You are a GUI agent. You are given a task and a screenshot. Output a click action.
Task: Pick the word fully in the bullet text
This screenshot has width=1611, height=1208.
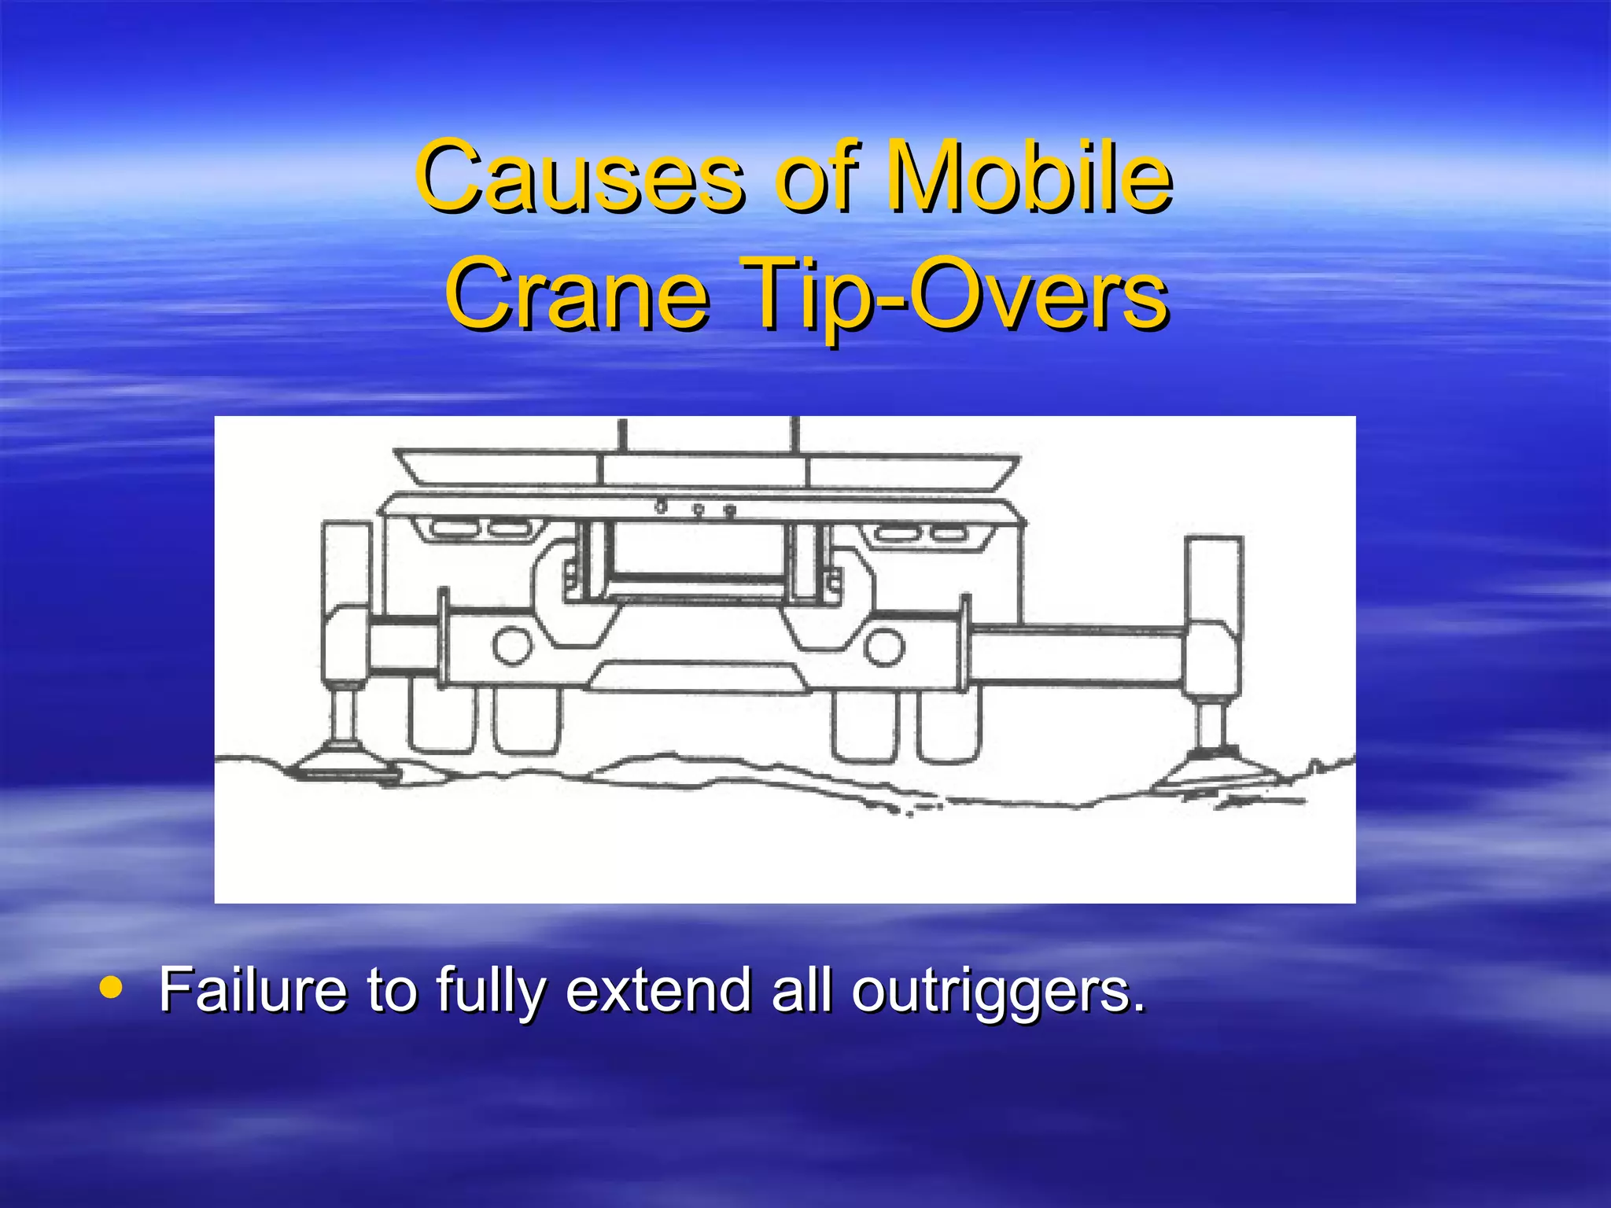coord(488,991)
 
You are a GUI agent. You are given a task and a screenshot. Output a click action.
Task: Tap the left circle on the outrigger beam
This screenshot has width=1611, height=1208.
coord(512,645)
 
